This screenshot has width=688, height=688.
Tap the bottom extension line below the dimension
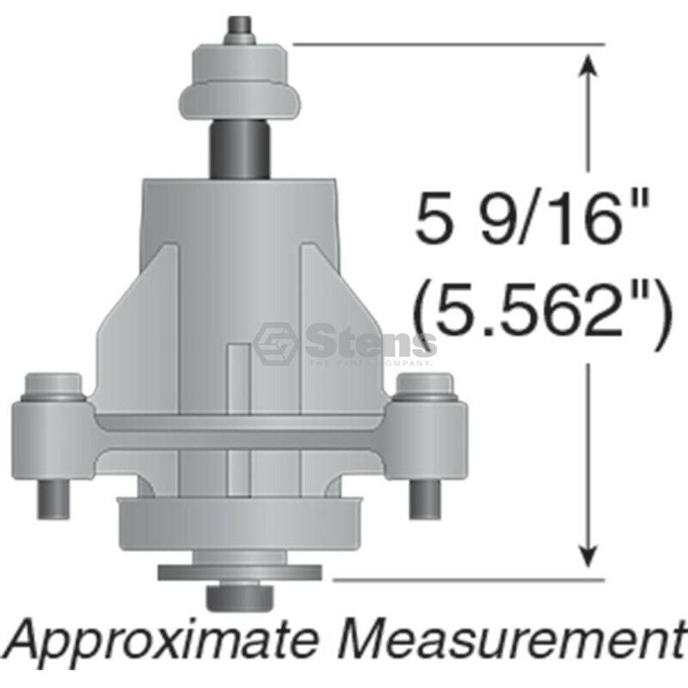tap(464, 580)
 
